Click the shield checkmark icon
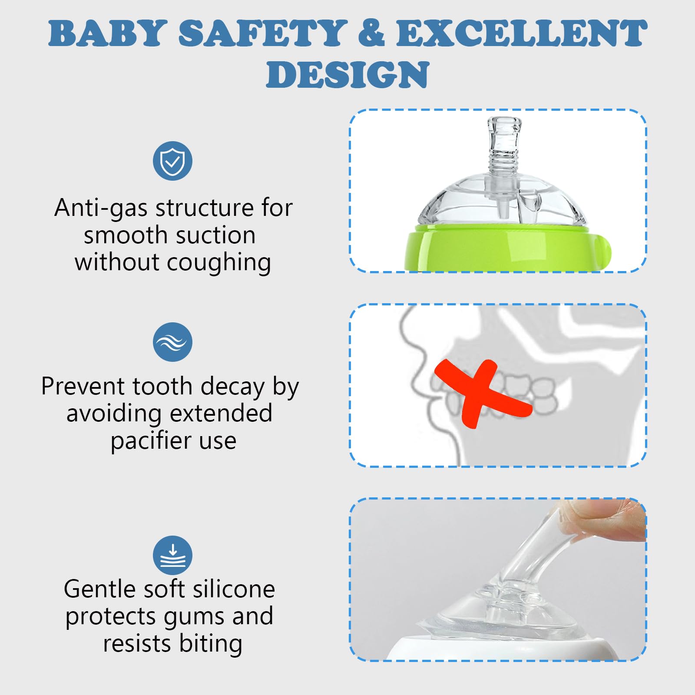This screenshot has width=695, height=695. (172, 161)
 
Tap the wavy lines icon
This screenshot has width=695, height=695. (172, 342)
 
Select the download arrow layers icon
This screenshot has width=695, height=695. (172, 556)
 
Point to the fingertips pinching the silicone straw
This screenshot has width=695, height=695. (608, 521)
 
